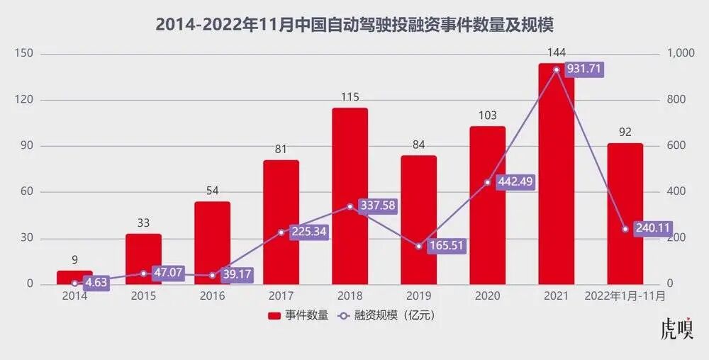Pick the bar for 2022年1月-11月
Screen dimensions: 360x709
pyautogui.click(x=625, y=213)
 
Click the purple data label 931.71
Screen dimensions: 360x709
pyautogui.click(x=584, y=69)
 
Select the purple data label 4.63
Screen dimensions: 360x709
pyautogui.click(x=96, y=283)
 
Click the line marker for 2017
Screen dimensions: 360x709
pyautogui.click(x=281, y=232)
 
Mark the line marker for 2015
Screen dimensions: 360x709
pyautogui.click(x=143, y=274)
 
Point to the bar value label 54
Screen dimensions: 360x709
pyautogui.click(x=212, y=191)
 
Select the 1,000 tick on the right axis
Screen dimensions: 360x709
pyautogui.click(x=682, y=54)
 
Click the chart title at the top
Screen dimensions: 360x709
pyautogui.click(x=354, y=25)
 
